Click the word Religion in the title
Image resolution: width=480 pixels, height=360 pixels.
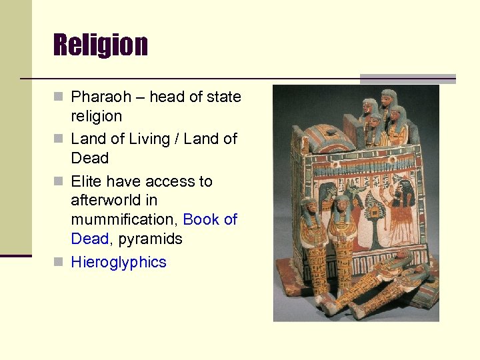coord(101,45)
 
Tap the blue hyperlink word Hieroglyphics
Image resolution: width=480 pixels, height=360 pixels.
coord(119,262)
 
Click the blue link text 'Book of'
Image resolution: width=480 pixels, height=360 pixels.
coord(210,219)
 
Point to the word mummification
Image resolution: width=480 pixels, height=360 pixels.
coord(125,219)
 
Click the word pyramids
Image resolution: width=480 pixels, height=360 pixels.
coord(150,239)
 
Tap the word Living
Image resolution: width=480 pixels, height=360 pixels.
coord(143,139)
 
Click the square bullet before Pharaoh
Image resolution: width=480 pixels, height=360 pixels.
coord(60,97)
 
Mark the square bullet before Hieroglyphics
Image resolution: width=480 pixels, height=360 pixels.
coord(60,262)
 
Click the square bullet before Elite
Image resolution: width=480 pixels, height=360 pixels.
coord(60,181)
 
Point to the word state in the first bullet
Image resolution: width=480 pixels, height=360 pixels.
coord(225,97)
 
